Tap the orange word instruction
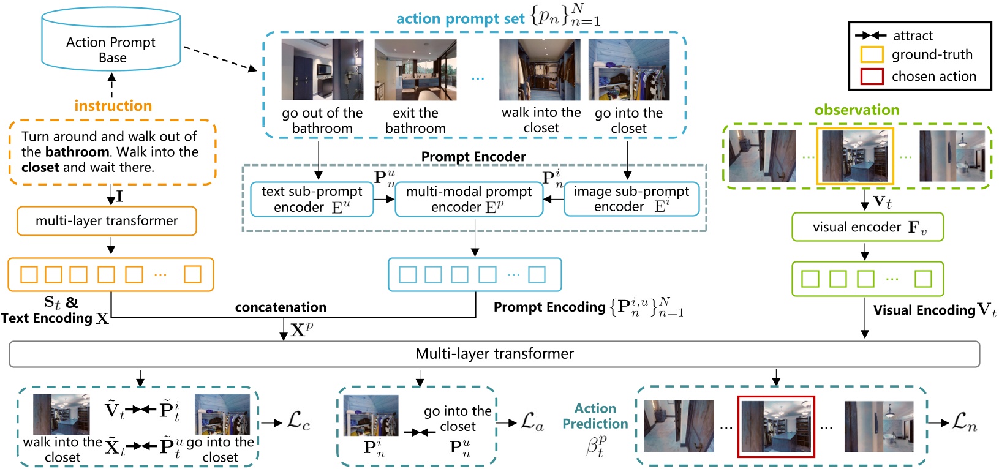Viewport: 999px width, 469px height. click(x=113, y=105)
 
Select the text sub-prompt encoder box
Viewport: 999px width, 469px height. click(x=312, y=200)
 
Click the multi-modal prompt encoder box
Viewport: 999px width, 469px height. click(x=469, y=200)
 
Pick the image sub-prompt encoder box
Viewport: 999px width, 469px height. click(x=631, y=200)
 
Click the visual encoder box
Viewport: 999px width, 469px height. click(x=867, y=227)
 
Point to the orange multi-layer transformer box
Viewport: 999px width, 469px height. click(x=107, y=221)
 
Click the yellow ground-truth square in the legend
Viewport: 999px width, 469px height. click(x=872, y=54)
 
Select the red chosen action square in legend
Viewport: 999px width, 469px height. click(x=872, y=77)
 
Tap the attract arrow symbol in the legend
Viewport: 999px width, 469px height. click(x=870, y=36)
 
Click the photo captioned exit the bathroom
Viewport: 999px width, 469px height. click(x=415, y=70)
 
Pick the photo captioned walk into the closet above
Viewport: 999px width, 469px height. click(x=540, y=70)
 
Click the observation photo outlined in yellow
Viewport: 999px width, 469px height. click(x=855, y=156)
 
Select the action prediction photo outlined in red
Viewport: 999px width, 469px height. click(x=776, y=427)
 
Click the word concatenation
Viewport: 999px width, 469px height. click(x=281, y=307)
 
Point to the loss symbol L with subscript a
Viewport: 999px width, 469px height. click(x=532, y=422)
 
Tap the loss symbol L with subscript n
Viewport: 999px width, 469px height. click(x=964, y=422)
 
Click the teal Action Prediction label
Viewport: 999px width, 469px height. click(x=595, y=416)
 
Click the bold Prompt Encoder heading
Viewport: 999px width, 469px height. click(x=473, y=157)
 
